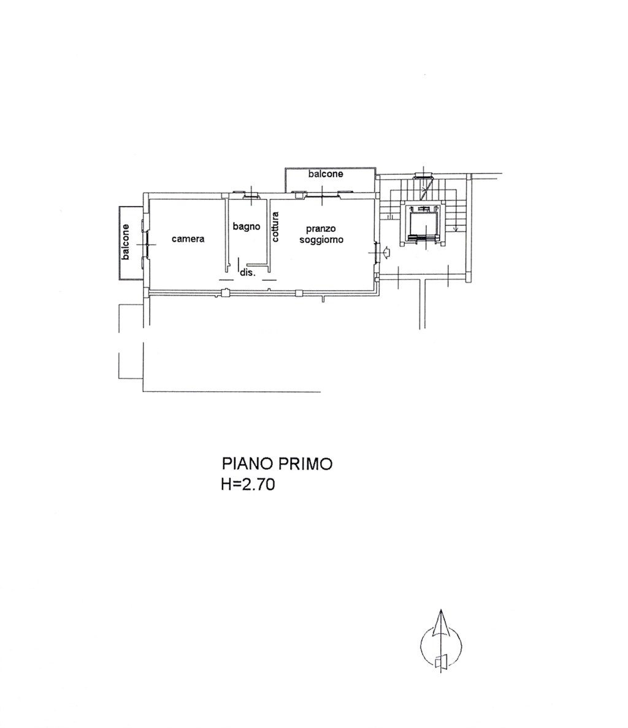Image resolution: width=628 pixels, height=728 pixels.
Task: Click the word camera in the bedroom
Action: click(x=188, y=239)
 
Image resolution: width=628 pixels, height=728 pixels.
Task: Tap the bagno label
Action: click(x=247, y=226)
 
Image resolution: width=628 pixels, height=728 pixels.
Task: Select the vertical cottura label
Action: click(x=275, y=227)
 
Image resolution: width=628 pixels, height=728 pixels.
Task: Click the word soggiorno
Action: click(x=321, y=240)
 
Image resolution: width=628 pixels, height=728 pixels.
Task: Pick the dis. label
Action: click(x=247, y=272)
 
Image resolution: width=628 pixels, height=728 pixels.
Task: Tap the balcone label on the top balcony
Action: click(x=326, y=174)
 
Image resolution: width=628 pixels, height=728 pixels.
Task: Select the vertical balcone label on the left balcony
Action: click(x=125, y=242)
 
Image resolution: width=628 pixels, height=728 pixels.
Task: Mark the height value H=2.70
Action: click(x=248, y=485)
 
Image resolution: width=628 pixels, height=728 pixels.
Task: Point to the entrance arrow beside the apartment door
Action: click(x=386, y=251)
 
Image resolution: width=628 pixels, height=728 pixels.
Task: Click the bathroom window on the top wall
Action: click(x=251, y=196)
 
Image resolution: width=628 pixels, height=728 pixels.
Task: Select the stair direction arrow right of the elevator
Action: click(x=456, y=228)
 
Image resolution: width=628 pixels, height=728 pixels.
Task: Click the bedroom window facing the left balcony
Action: click(x=145, y=245)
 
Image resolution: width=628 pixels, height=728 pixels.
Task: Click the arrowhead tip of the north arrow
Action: click(x=440, y=611)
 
